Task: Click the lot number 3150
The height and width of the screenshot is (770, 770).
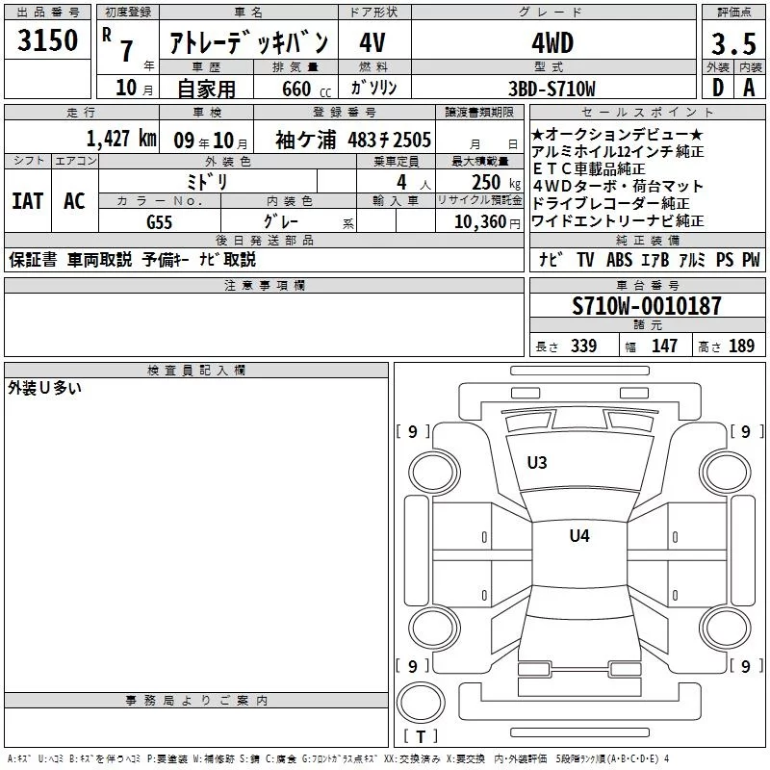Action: [47, 40]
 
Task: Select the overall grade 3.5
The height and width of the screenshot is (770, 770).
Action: [733, 44]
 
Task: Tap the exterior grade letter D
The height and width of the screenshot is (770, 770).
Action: [718, 88]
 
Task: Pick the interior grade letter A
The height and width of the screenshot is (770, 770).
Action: [749, 88]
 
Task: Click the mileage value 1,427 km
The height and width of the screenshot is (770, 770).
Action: [121, 139]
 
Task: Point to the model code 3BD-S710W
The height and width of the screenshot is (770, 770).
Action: [552, 89]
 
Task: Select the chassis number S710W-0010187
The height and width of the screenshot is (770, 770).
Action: [647, 306]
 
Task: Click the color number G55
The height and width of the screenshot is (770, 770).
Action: [159, 222]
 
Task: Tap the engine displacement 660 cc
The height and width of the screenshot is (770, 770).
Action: [306, 90]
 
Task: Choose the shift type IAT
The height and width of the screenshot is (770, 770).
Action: [28, 201]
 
